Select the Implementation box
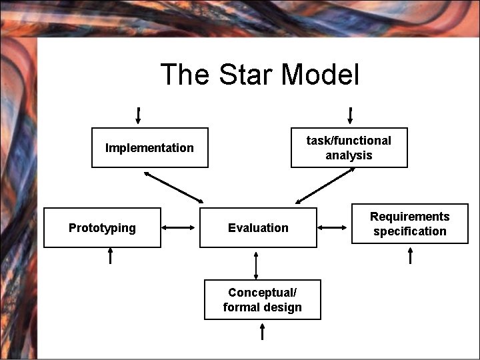pyautogui.click(x=149, y=147)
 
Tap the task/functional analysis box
pyautogui.click(x=349, y=147)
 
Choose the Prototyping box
pyautogui.click(x=102, y=228)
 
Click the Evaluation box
pyautogui.click(x=258, y=228)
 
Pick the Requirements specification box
pyautogui.click(x=409, y=224)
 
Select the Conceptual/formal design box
pyautogui.click(x=262, y=300)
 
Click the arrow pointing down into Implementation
pyautogui.click(x=138, y=115)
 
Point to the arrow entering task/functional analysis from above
pyautogui.click(x=350, y=115)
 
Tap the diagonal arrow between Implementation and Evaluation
pyautogui.click(x=174, y=187)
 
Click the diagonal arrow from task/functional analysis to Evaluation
pyautogui.click(x=325, y=185)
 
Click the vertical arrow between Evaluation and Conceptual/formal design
pyautogui.click(x=256, y=265)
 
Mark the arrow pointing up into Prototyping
pyautogui.click(x=111, y=255)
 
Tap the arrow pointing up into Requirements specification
pyautogui.click(x=410, y=255)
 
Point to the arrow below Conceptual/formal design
pyautogui.click(x=263, y=331)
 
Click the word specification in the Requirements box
pyautogui.click(x=409, y=231)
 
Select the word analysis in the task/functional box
pyautogui.click(x=349, y=155)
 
